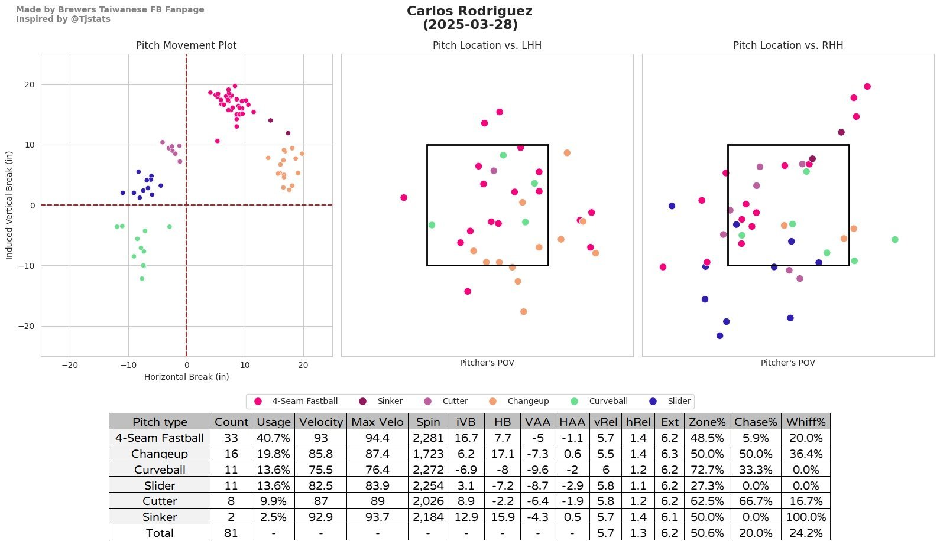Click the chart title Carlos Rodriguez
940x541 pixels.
pyautogui.click(x=469, y=11)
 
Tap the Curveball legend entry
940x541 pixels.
pyautogui.click(x=608, y=401)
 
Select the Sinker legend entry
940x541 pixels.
pyautogui.click(x=390, y=401)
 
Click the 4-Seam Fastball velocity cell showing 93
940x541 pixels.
pyautogui.click(x=320, y=438)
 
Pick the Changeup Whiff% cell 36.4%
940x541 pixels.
pyautogui.click(x=806, y=454)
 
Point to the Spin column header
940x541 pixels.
pyautogui.click(x=427, y=422)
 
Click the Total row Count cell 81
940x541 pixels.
pyautogui.click(x=231, y=533)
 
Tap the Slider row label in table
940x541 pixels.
pyautogui.click(x=160, y=485)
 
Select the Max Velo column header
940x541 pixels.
pyautogui.click(x=377, y=422)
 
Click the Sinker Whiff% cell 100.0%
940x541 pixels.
pyautogui.click(x=806, y=517)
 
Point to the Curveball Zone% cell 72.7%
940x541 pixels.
pyautogui.click(x=707, y=470)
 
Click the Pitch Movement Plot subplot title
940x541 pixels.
pyautogui.click(x=186, y=45)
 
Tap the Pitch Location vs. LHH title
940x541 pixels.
pyautogui.click(x=487, y=45)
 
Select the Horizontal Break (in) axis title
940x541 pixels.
pyautogui.click(x=186, y=377)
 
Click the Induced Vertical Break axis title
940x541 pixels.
pyautogui.click(x=9, y=205)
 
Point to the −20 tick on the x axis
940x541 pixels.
pyautogui.click(x=70, y=365)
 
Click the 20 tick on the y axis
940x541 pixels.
pyautogui.click(x=30, y=84)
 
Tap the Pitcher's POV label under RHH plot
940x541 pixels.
pyautogui.click(x=787, y=363)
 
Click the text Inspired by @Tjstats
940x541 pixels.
pyautogui.click(x=63, y=19)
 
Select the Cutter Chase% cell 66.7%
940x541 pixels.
pyautogui.click(x=756, y=501)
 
